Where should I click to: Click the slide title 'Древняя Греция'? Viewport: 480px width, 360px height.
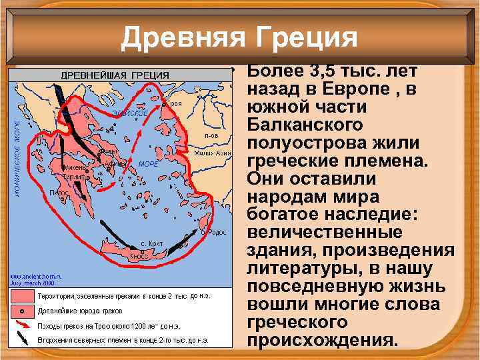[x=239, y=37]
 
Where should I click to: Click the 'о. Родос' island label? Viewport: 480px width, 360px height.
[x=215, y=232]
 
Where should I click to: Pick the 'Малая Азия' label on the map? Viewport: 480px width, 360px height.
[x=213, y=153]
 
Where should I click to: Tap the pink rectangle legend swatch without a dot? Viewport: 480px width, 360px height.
[x=23, y=295]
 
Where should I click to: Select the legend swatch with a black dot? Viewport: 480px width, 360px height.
[x=23, y=310]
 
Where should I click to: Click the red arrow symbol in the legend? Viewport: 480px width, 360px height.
[x=23, y=325]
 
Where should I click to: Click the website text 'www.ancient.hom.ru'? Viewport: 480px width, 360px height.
[x=35, y=275]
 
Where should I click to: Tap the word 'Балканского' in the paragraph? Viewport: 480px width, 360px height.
[x=305, y=125]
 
